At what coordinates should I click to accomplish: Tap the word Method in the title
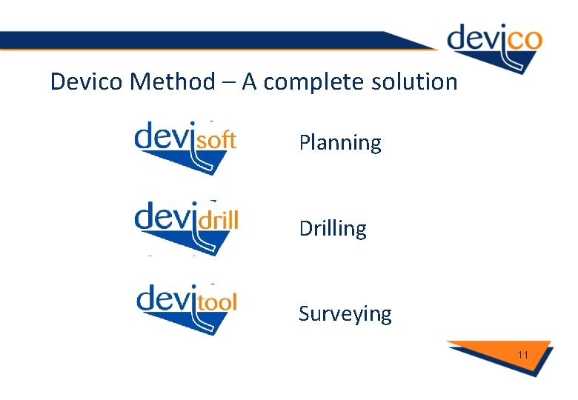point(174,81)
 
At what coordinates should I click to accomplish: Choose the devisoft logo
point(185,147)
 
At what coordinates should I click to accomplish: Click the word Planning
point(340,143)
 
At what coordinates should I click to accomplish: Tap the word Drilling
point(333,229)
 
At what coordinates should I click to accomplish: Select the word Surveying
point(345,314)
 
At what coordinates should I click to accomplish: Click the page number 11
point(523,355)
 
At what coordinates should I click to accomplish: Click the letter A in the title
point(249,81)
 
